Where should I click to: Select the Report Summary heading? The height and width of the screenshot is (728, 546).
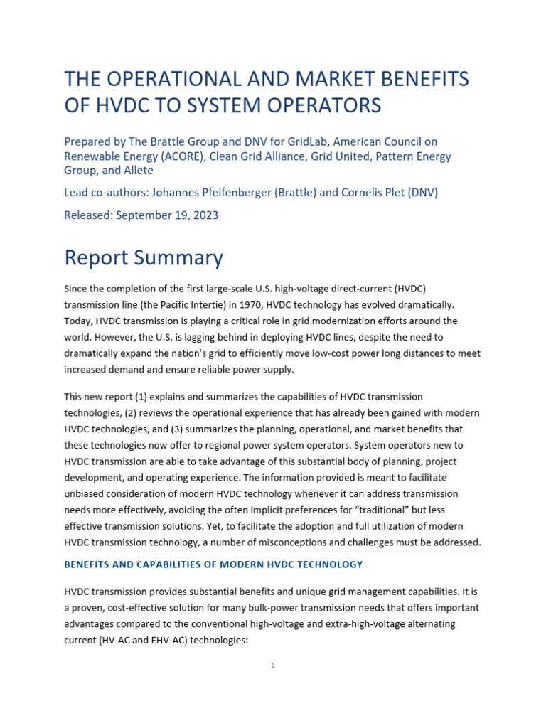point(144,257)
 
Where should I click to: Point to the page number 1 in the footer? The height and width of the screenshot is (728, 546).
point(273,665)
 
